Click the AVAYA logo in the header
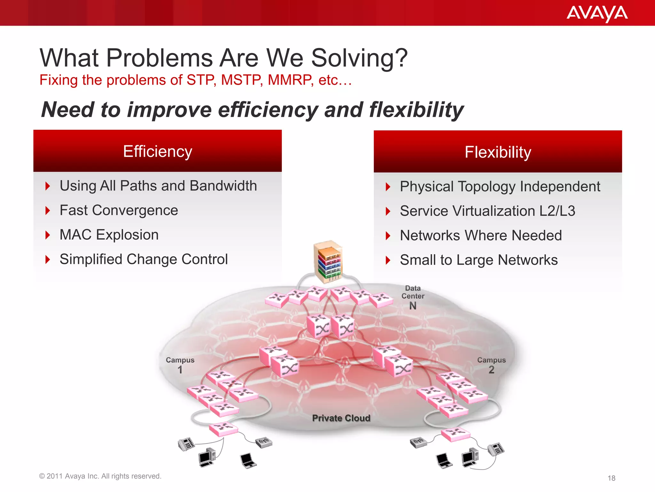597,13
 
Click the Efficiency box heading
157,152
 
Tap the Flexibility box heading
498,152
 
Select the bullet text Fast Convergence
119,210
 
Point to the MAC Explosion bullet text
109,235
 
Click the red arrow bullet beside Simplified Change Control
48,259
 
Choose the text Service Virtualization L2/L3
487,211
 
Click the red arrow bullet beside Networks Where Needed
388,236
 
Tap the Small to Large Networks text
478,260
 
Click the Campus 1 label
180,365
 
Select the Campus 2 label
491,365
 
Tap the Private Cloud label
341,418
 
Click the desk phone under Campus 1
186,444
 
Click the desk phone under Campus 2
496,449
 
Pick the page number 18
611,478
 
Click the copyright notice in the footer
100,476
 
